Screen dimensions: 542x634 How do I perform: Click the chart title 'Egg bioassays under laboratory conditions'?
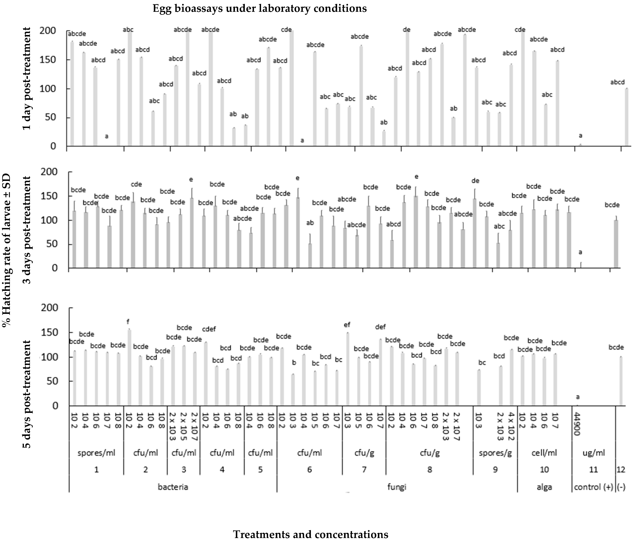click(x=259, y=9)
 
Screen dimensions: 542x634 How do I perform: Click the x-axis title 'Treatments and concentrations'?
click(x=311, y=534)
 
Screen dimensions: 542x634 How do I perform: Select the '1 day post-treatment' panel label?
click(x=27, y=79)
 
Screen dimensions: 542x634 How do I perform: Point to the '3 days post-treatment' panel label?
click(x=27, y=230)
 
